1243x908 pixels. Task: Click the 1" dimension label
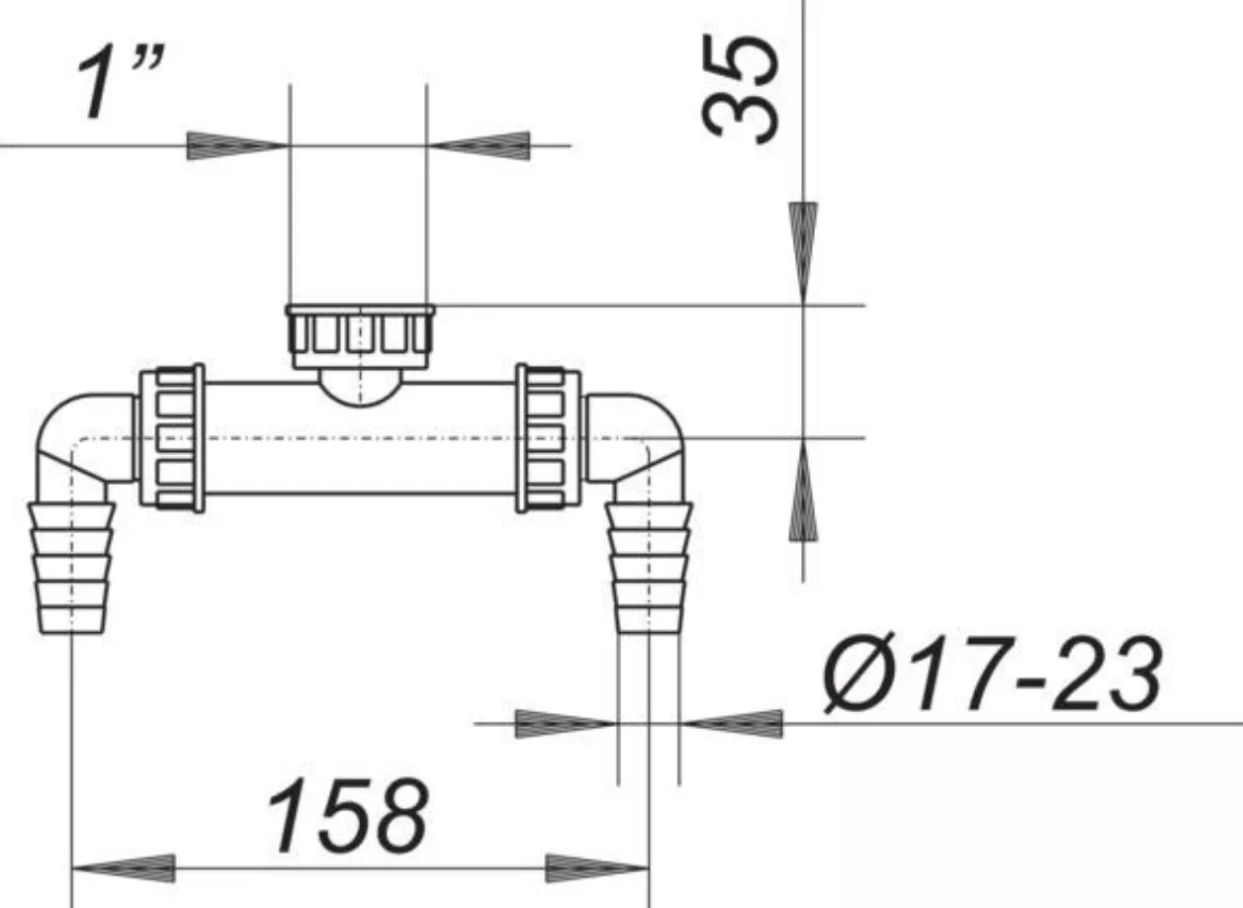pos(121,83)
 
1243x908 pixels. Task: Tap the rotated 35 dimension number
pos(741,90)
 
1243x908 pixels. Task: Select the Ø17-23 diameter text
pos(992,674)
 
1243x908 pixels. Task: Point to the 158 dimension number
pos(348,814)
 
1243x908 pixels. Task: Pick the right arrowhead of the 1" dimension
pos(479,146)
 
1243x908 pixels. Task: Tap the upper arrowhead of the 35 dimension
pos(804,253)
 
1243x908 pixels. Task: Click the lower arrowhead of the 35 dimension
pos(804,490)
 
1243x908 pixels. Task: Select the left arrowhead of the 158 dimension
pos(124,868)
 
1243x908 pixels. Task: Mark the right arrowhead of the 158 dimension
pos(597,868)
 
